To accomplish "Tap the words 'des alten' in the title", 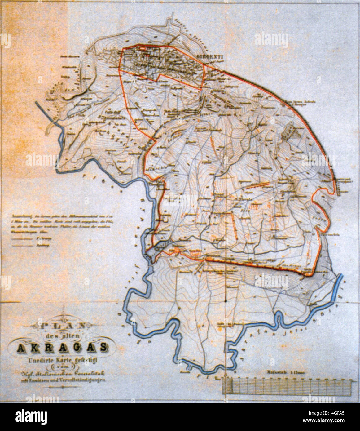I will click(x=61, y=336).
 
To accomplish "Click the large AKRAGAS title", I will click(x=62, y=348).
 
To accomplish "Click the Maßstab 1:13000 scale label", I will click(x=285, y=374).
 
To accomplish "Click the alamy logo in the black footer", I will click(x=31, y=416).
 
